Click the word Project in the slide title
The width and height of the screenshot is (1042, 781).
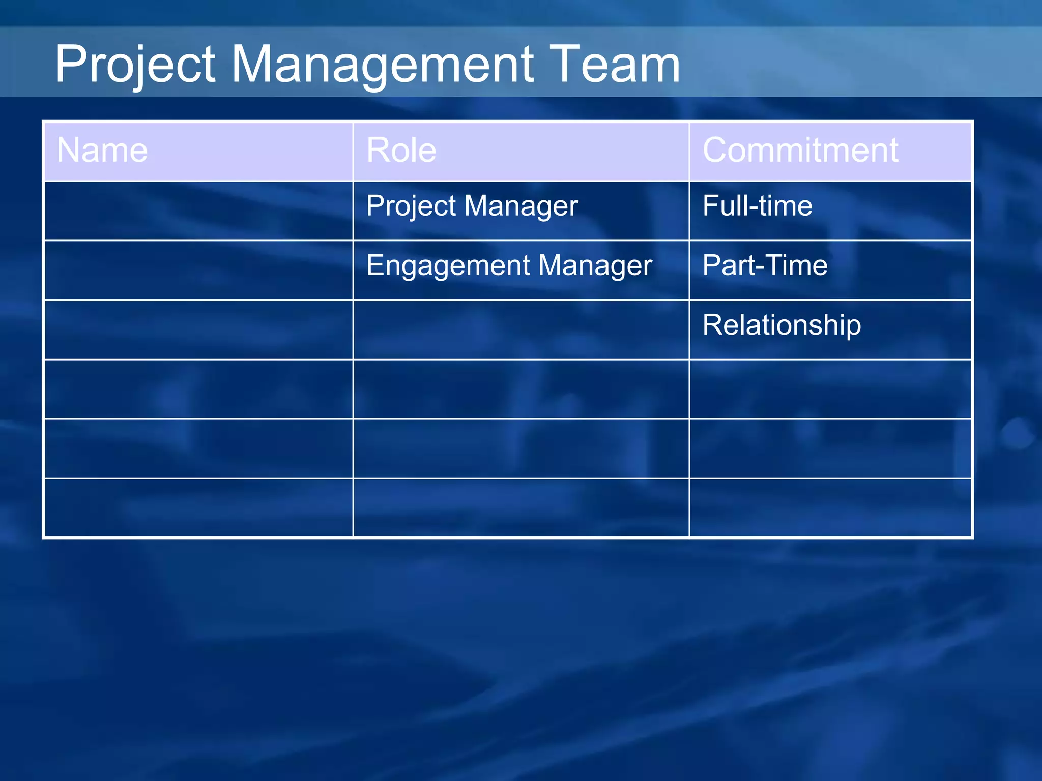pyautogui.click(x=135, y=65)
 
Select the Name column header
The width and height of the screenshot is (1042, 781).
pyautogui.click(x=102, y=151)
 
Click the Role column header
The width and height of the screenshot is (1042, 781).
pyautogui.click(x=401, y=151)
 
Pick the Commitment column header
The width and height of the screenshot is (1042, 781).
pyautogui.click(x=800, y=151)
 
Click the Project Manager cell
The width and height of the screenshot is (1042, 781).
pyautogui.click(x=472, y=206)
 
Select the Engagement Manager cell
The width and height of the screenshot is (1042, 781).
pyautogui.click(x=509, y=266)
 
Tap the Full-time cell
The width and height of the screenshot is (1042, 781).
pyautogui.click(x=757, y=206)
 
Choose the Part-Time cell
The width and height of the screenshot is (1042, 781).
pyautogui.click(x=765, y=266)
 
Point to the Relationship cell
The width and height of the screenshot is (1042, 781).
pyautogui.click(x=781, y=325)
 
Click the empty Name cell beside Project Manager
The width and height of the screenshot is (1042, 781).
pyautogui.click(x=198, y=211)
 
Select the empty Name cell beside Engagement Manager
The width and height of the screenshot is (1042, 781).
pyautogui.click(x=198, y=270)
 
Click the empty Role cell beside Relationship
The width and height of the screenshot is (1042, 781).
pyautogui.click(x=520, y=329)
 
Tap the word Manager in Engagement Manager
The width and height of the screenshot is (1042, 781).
pyautogui.click(x=595, y=266)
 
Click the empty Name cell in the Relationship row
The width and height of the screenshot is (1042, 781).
pyautogui.click(x=198, y=329)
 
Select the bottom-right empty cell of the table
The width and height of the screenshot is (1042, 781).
pyautogui.click(x=830, y=507)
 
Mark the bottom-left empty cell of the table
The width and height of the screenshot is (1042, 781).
pyautogui.click(x=198, y=507)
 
